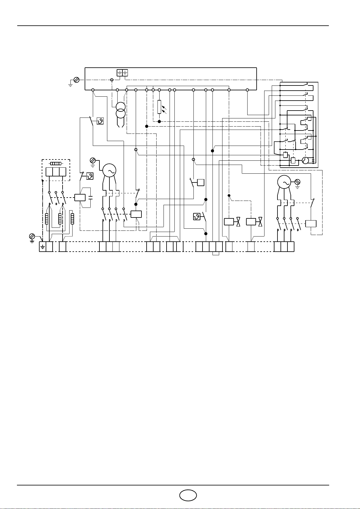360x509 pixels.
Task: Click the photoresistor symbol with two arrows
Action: [159, 107]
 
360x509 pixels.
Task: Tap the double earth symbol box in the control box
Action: [122, 72]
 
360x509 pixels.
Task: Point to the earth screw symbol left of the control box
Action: [76, 80]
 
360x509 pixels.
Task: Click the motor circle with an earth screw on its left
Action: [109, 171]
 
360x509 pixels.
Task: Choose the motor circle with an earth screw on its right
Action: [284, 182]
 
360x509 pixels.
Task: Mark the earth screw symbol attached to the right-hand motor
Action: [297, 182]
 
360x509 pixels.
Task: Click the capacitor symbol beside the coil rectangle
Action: [91, 198]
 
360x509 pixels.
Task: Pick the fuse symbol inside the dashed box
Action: [56, 163]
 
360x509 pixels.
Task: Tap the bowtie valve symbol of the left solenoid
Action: [238, 222]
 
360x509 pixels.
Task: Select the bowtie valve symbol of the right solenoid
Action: [260, 222]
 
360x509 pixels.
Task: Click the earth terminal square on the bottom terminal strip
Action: [43, 247]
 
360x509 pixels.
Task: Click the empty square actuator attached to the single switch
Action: [200, 182]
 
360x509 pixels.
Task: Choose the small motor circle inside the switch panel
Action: [306, 160]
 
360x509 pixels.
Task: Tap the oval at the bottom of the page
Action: [188, 495]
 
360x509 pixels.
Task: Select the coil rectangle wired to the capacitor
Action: [80, 198]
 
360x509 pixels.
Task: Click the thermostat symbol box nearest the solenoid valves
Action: [197, 216]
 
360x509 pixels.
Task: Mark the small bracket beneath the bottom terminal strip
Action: [216, 253]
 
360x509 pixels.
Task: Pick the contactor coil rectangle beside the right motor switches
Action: [311, 224]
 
